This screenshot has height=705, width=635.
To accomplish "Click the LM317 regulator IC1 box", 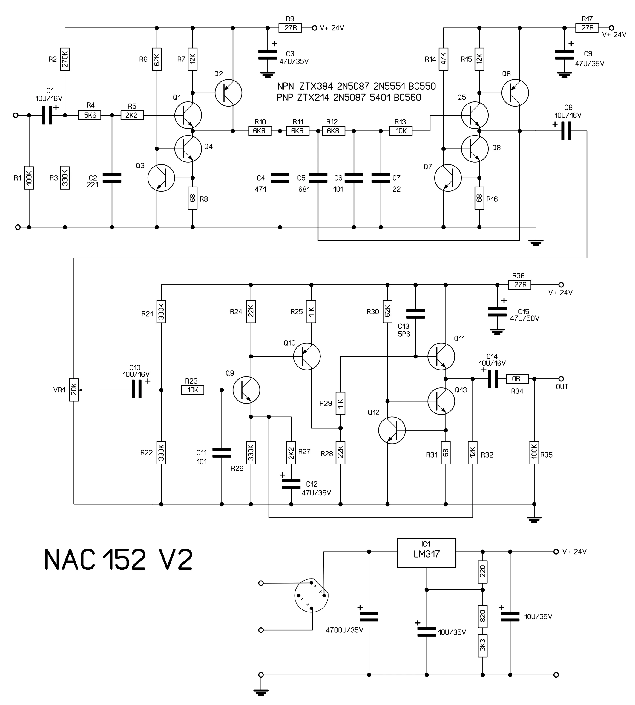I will [x=426, y=553].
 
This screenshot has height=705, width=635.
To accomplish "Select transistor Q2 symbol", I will [x=228, y=93].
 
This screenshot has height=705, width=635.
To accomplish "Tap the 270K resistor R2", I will [x=65, y=59].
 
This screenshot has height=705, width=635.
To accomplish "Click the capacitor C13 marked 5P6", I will [x=415, y=314].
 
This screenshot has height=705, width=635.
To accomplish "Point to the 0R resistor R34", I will [x=517, y=379].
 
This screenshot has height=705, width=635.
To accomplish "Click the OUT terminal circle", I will [x=561, y=379].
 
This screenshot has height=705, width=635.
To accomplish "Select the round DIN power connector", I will [x=311, y=595].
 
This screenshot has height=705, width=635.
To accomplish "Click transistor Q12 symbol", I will [x=392, y=430].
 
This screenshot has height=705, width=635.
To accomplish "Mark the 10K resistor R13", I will [x=401, y=131].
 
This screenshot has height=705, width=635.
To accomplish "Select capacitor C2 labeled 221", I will [x=112, y=178].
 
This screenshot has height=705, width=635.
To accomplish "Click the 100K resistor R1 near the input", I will [x=29, y=178].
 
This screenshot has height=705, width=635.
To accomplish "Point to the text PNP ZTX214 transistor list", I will [x=349, y=98].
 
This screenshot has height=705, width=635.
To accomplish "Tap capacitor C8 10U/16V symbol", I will [x=566, y=131].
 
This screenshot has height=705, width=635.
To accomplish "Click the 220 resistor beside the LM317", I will [x=483, y=572].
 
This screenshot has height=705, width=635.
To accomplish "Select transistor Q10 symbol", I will [x=307, y=356].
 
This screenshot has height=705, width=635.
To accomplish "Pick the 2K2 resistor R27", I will [x=291, y=452].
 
